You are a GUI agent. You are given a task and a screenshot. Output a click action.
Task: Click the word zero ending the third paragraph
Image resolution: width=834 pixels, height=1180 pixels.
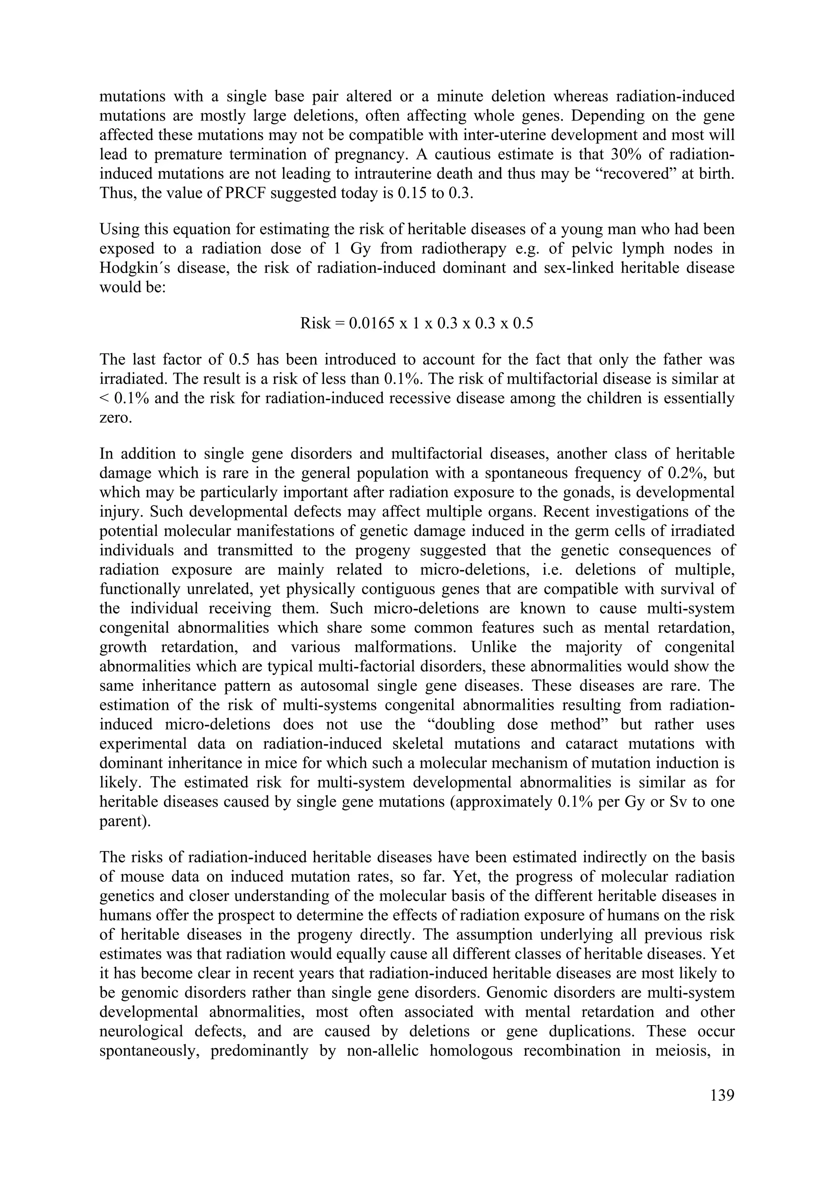[115, 418]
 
